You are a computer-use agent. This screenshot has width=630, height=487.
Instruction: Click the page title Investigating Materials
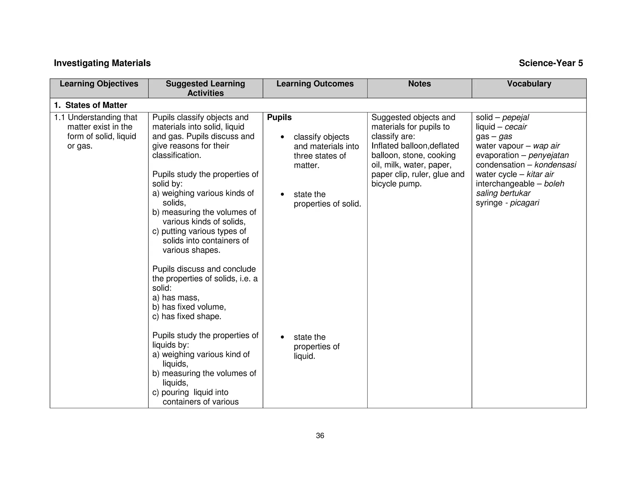[102, 63]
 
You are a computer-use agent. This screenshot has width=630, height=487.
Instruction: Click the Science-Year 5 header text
[551, 63]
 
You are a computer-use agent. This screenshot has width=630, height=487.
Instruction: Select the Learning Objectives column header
[99, 84]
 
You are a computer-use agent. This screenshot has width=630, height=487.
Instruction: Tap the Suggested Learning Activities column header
[205, 88]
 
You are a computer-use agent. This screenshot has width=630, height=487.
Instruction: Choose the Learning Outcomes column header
[315, 84]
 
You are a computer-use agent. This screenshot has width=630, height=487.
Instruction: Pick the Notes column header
[419, 84]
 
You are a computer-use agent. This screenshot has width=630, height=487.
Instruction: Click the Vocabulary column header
[529, 84]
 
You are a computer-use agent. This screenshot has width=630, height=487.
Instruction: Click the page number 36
[320, 436]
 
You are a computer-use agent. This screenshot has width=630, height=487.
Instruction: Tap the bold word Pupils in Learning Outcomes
[279, 117]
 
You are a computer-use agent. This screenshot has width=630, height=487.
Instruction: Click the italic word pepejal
[516, 117]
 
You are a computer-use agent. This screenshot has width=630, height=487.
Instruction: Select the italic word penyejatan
[548, 155]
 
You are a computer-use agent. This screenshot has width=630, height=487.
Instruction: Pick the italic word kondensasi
[555, 165]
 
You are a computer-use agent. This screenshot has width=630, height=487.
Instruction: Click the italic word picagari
[524, 203]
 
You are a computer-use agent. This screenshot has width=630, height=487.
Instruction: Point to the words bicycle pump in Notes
[396, 184]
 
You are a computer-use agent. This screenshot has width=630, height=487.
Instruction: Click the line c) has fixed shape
[187, 316]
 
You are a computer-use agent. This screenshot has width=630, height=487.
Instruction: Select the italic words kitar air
[540, 174]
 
